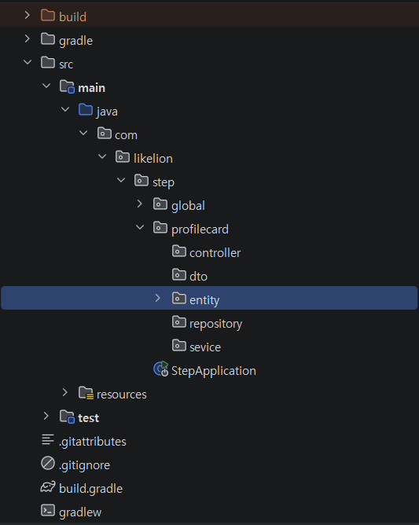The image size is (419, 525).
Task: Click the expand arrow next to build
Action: pyautogui.click(x=28, y=15)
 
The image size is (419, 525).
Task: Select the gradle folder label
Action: pyautogui.click(x=75, y=41)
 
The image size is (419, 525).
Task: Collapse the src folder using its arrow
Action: pyautogui.click(x=28, y=62)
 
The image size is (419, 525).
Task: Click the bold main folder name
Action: pyautogui.click(x=91, y=88)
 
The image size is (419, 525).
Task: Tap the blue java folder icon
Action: pyautogui.click(x=86, y=109)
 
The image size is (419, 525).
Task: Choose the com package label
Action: pyautogui.click(x=126, y=135)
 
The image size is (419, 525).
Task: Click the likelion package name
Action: pyautogui.click(x=153, y=159)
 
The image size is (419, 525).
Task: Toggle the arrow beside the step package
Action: pyautogui.click(x=121, y=180)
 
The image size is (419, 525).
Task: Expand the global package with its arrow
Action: pyautogui.click(x=140, y=204)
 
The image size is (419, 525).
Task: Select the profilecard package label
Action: pyautogui.click(x=200, y=229)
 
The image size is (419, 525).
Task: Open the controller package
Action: pyautogui.click(x=215, y=253)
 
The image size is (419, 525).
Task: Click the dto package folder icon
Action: pyautogui.click(x=179, y=274)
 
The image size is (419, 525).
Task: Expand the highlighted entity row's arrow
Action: pyautogui.click(x=158, y=298)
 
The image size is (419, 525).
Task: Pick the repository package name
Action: pyautogui.click(x=215, y=324)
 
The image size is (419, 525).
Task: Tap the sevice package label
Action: pyautogui.click(x=205, y=347)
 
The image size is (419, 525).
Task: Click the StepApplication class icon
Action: pyautogui.click(x=161, y=369)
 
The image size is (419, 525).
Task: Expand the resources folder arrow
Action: pyautogui.click(x=64, y=392)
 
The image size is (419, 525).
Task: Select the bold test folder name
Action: pyautogui.click(x=88, y=418)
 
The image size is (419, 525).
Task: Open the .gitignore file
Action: pyautogui.click(x=84, y=465)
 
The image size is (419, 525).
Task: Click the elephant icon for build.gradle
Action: pyautogui.click(x=48, y=486)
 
